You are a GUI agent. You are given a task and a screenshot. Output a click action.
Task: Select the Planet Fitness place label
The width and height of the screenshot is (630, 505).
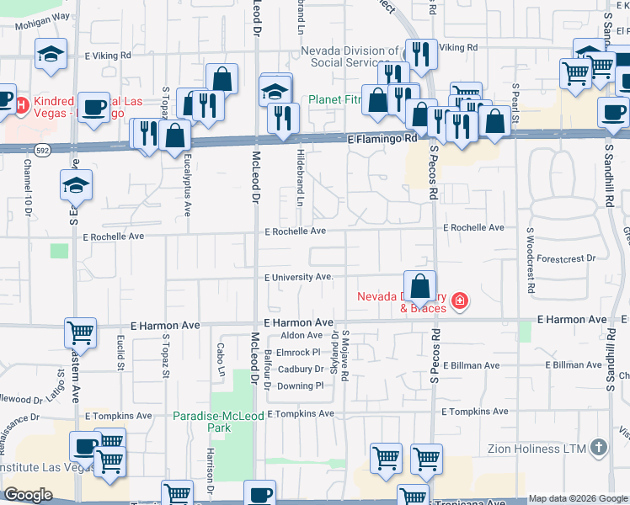(334, 99)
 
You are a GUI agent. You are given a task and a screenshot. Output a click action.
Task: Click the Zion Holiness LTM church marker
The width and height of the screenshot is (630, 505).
(599, 448)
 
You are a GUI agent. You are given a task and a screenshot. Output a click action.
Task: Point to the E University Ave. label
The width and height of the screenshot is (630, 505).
(299, 277)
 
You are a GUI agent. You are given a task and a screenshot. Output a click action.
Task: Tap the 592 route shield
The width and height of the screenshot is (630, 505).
(40, 148)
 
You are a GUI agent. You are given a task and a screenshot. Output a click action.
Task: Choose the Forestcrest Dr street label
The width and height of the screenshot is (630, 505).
(565, 258)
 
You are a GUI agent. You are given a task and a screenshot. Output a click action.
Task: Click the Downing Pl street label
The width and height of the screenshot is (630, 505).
(301, 385)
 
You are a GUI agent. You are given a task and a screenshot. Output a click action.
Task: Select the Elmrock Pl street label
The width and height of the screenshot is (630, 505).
(299, 352)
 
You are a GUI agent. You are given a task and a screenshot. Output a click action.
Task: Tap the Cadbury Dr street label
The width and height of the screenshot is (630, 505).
(301, 369)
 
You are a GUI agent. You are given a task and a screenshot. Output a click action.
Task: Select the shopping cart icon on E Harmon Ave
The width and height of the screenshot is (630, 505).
(80, 332)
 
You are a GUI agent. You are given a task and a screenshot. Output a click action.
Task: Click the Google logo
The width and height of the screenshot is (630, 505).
(28, 495)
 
